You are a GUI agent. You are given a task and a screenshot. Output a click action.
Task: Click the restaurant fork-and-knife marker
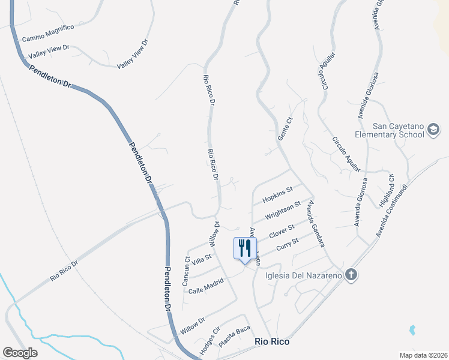(245, 248)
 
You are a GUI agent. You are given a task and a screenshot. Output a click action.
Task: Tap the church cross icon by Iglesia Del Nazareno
(351, 275)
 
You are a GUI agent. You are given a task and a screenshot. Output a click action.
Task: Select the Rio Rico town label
(272, 341)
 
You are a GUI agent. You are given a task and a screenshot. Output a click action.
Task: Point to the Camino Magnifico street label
(48, 33)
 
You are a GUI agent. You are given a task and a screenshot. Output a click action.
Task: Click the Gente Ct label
(285, 129)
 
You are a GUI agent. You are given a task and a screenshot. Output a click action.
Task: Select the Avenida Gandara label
(315, 223)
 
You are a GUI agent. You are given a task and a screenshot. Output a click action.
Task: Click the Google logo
(20, 352)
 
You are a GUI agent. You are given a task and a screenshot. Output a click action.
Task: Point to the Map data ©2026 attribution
(423, 355)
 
